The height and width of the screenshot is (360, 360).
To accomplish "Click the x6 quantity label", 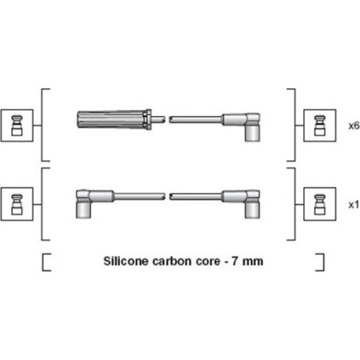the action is click(354, 126).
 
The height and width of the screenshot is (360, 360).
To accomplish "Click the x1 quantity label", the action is click(354, 205).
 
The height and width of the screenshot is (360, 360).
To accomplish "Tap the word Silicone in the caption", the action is click(126, 261).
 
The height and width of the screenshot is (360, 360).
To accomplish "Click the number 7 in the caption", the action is click(234, 261).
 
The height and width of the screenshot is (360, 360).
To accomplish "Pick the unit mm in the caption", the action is click(253, 262).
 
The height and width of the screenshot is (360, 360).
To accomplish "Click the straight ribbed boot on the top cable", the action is click(114, 120).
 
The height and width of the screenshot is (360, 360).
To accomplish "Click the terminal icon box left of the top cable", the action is click(17, 126).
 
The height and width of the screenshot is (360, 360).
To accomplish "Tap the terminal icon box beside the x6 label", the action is click(320, 126).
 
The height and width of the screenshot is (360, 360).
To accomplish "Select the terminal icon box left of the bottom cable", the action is click(17, 204).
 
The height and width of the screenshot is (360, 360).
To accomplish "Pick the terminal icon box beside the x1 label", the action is click(320, 204).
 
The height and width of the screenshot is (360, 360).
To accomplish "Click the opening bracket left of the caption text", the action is click(43, 262).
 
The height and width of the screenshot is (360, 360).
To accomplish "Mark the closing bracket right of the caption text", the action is click(323, 262).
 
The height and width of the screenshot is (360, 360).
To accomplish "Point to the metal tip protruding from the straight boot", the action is click(158, 119).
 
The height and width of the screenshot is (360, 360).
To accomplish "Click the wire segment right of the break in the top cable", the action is click(196, 119).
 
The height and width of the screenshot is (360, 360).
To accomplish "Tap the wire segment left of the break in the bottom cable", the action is click(140, 197).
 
